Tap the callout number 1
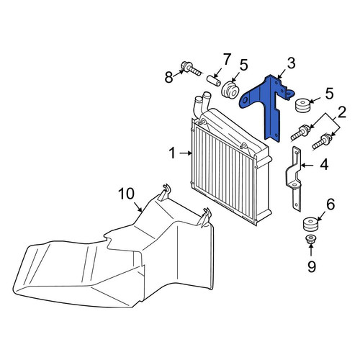[x=172, y=153]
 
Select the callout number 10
[x=127, y=194]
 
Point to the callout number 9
[x=312, y=266]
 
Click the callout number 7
[x=227, y=60]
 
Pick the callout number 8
[x=168, y=77]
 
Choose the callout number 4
[x=324, y=165]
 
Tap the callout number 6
[x=330, y=204]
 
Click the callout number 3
[x=291, y=63]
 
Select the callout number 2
[x=342, y=112]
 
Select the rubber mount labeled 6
[x=311, y=224]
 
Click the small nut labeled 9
[x=310, y=239]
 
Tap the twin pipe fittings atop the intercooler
[x=202, y=103]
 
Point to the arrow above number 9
[x=310, y=251]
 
